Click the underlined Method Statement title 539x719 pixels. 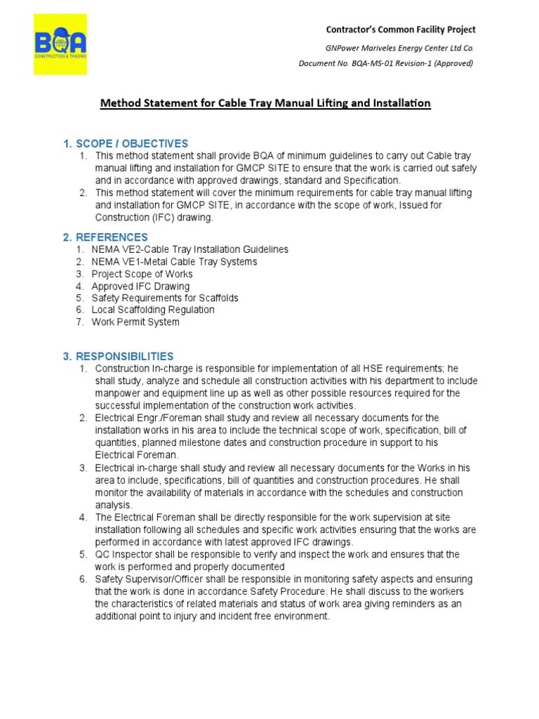click(265, 103)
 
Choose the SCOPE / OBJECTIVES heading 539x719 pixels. click(126, 143)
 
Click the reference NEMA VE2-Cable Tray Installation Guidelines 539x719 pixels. click(189, 249)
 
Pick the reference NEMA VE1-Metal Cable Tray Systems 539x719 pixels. click(174, 261)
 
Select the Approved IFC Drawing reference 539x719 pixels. click(140, 286)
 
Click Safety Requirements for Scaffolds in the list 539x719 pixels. click(165, 298)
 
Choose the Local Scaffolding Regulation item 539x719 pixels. click(153, 310)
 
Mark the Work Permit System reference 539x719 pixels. click(135, 322)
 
